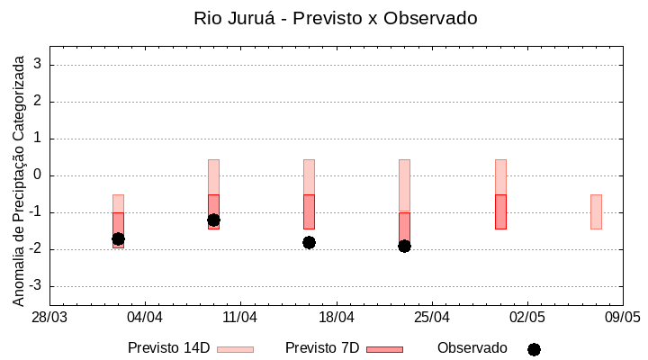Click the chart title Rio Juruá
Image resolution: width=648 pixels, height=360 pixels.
pos(335,18)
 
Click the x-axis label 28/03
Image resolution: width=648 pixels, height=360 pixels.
pos(49,318)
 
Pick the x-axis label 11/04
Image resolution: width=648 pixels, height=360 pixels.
pos(240,318)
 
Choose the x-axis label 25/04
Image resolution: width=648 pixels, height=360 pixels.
pos(432,318)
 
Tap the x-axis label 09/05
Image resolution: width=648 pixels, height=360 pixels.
pos(623,318)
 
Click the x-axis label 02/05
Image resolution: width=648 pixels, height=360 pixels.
pos(527,318)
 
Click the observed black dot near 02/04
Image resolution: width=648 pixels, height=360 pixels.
pos(118,238)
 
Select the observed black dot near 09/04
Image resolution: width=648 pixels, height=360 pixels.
pos(213,220)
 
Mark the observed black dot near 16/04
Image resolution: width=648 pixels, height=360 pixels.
pos(309,242)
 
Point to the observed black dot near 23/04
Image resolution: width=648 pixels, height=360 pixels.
pos(404,246)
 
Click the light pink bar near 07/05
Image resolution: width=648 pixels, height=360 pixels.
pos(596,211)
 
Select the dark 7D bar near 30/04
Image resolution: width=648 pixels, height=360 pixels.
pos(500,211)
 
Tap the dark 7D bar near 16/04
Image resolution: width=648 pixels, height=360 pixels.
pos(309,211)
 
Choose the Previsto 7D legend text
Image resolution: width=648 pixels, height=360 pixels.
pos(321,348)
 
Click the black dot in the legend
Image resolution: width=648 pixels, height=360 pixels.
pos(534,349)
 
